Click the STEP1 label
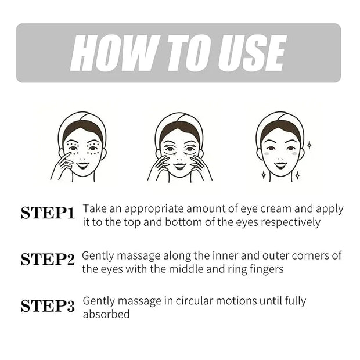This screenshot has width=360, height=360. point(48,213)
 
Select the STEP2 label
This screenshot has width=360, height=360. point(48,260)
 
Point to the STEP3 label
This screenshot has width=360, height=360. point(48,306)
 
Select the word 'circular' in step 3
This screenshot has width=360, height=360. point(195,301)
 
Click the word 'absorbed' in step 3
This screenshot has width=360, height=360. point(106,314)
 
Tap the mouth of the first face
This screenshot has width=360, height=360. point(82,165)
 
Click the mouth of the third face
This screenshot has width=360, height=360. point(280,165)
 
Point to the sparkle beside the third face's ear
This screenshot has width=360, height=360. point(309,145)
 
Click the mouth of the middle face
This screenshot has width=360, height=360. point(180,165)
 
